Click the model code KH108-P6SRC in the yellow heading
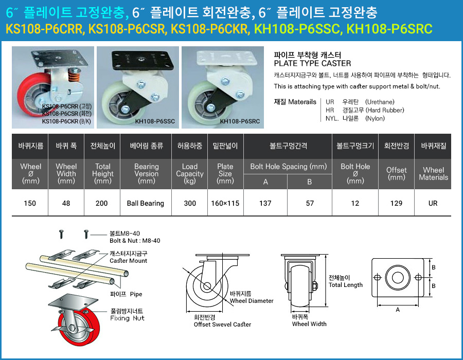[x=389, y=28]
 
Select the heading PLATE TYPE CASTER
[x=312, y=63]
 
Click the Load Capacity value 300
[x=190, y=203]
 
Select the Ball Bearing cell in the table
[x=146, y=203]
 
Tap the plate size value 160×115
[x=225, y=203]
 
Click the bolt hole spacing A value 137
[x=265, y=203]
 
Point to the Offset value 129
[x=396, y=203]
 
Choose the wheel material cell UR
[x=433, y=203]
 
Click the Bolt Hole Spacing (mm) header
[x=288, y=167]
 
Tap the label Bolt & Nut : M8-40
[x=135, y=240]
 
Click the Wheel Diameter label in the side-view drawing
[x=252, y=301]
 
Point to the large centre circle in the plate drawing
[x=398, y=278]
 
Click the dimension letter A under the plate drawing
[x=398, y=310]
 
